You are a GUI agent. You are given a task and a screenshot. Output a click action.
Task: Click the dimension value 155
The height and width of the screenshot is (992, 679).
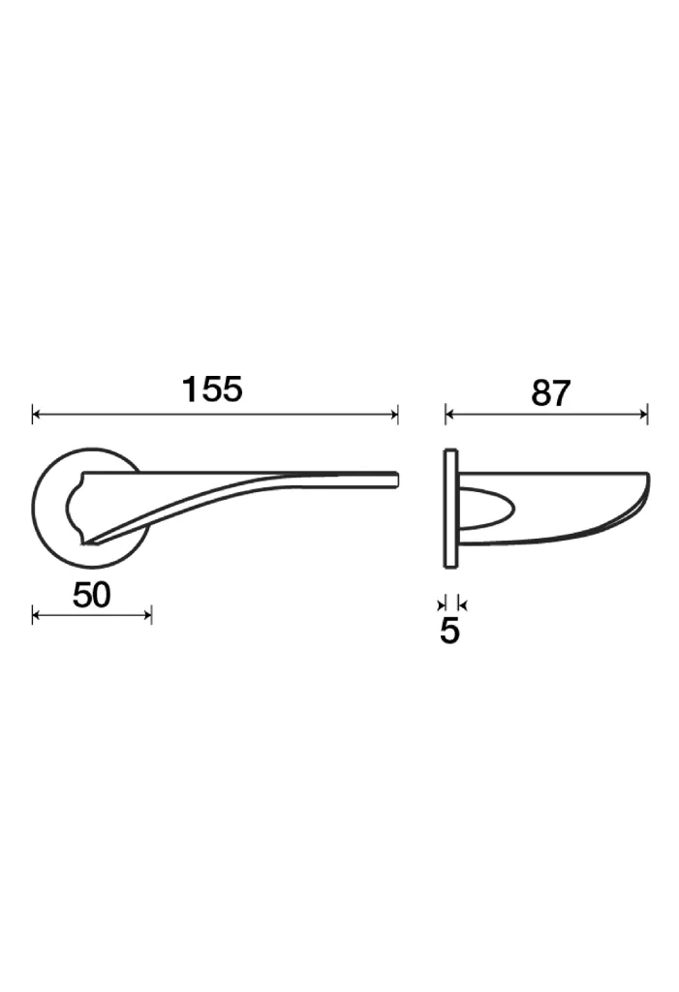click(x=212, y=389)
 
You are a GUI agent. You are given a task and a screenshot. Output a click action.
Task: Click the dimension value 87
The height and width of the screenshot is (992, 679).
click(x=550, y=393)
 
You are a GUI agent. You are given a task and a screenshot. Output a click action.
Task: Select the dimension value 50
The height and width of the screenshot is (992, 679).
click(x=92, y=595)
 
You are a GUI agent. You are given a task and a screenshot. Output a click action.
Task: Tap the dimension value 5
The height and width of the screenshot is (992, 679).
click(x=449, y=630)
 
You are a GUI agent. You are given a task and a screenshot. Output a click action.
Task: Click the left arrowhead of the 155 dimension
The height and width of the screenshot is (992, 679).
click(x=36, y=415)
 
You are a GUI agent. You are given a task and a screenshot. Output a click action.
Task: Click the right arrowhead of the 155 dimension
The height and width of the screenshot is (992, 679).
click(x=393, y=415)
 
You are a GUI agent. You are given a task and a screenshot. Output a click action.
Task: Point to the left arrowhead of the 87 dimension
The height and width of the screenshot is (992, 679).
click(x=449, y=415)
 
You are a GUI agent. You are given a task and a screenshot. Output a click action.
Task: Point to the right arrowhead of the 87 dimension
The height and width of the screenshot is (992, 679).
click(x=643, y=415)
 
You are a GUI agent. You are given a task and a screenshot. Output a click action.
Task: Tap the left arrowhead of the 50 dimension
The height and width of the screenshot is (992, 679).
click(x=36, y=614)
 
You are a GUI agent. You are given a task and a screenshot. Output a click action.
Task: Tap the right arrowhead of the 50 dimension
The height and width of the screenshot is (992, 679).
click(x=147, y=614)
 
